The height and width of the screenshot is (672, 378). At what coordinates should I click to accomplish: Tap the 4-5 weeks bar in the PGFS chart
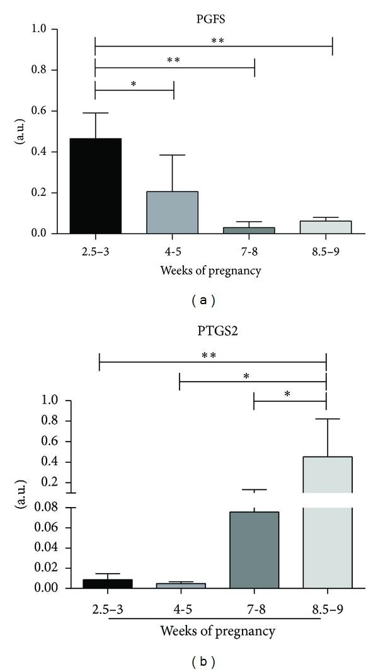pos(173,213)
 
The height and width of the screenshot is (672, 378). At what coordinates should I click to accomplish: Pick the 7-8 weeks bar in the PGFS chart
pos(254,231)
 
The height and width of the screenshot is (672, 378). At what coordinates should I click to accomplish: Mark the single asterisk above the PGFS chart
pos(134,83)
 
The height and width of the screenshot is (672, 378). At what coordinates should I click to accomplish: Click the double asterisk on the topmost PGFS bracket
pos(217,41)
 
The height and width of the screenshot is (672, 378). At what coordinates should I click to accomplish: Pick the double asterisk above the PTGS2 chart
pos(209,356)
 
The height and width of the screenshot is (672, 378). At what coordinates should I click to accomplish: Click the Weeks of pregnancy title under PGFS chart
pos(214,271)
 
